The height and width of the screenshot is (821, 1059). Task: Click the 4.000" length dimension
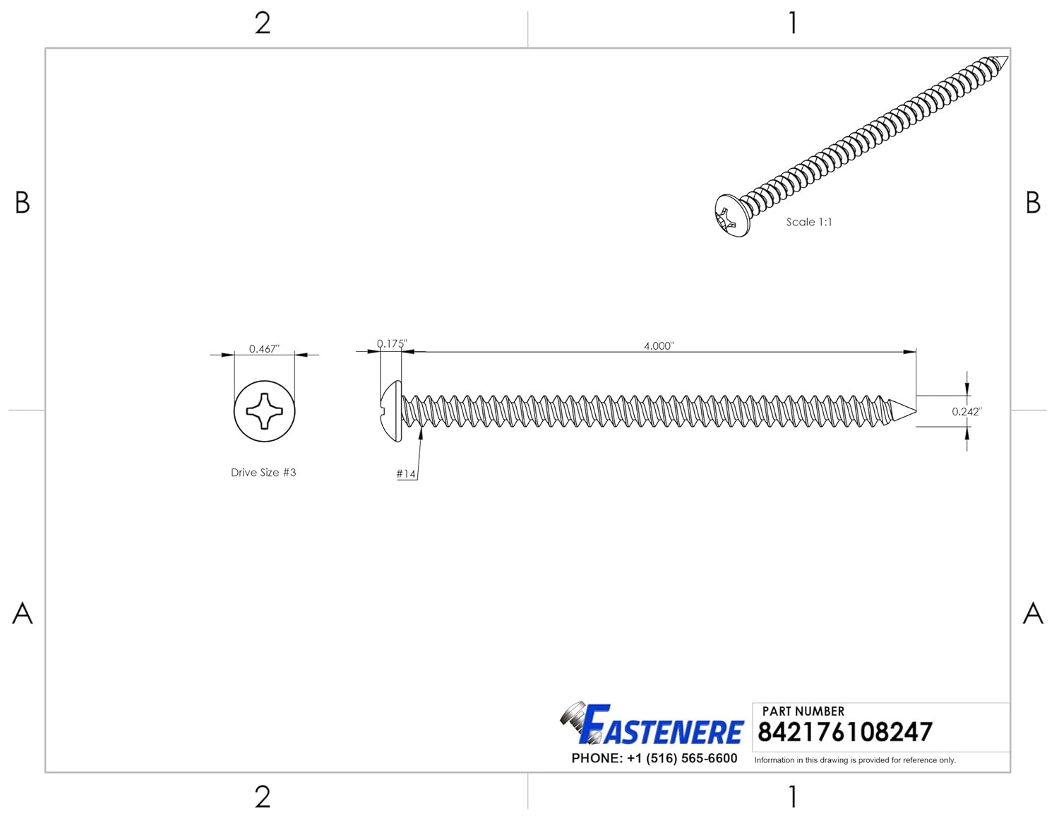coord(658,345)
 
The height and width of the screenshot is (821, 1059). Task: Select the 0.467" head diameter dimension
coord(264,348)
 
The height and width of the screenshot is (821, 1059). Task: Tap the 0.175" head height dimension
coord(391,343)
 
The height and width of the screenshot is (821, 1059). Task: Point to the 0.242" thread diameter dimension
coord(967,411)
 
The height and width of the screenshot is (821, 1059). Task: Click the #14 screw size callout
coord(406,473)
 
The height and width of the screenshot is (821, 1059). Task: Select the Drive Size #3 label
coord(263,473)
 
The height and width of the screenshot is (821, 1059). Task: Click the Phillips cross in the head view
coord(264,410)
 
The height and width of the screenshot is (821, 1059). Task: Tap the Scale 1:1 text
coord(809,222)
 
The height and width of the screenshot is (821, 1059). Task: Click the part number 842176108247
coord(844,733)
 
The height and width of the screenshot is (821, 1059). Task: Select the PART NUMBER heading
coord(803,711)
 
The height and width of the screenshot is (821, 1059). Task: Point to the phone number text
coord(654,758)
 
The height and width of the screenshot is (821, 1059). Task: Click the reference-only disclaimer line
coord(855,760)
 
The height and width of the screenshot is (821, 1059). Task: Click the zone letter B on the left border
coord(23,203)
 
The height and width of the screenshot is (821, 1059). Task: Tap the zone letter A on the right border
coord(1033,613)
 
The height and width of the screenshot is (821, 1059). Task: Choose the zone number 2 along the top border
coord(263,23)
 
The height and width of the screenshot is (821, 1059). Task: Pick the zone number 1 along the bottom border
coord(793,797)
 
